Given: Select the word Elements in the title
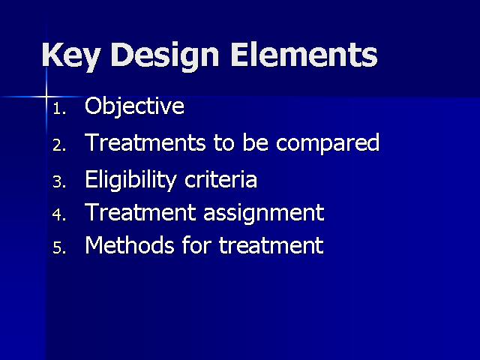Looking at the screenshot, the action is (304, 55).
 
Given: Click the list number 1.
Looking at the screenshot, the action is (59, 108).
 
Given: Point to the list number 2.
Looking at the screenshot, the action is (59, 145).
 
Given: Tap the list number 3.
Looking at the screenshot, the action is (59, 181).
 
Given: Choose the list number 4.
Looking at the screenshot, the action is (59, 214).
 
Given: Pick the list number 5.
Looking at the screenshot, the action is (59, 247).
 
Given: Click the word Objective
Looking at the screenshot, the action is (134, 107).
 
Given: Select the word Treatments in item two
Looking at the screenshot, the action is (145, 142).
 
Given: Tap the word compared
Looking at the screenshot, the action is (328, 143).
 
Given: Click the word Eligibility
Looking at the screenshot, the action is (130, 180).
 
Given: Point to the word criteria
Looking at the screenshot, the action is (220, 179).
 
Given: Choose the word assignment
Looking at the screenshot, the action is (263, 213).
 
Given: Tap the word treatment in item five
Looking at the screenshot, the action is (271, 245).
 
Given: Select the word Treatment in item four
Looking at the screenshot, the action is (140, 211).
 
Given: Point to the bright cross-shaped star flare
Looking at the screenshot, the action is (46, 97).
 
